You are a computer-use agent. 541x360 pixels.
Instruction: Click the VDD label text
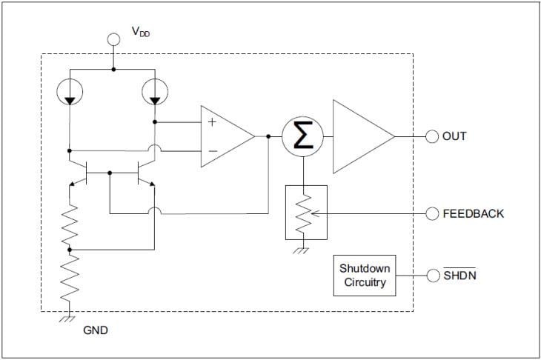[140, 32]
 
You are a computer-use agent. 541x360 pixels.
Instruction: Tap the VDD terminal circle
[113, 39]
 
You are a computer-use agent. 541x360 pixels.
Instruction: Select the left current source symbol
[69, 91]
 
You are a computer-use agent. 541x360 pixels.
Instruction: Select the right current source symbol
[154, 91]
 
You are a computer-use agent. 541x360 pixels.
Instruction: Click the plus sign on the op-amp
[212, 121]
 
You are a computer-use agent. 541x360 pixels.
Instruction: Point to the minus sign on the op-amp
[212, 151]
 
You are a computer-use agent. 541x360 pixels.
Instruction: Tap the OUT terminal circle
[432, 136]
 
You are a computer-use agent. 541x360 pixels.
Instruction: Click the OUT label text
[454, 136]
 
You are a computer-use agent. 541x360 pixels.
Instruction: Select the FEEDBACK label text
[473, 213]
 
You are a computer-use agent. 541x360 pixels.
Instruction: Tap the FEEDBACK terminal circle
[432, 213]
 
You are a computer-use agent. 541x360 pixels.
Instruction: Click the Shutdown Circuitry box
[364, 275]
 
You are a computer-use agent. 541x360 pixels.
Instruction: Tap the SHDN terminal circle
[432, 276]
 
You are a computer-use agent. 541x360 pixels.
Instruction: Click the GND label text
[95, 330]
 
